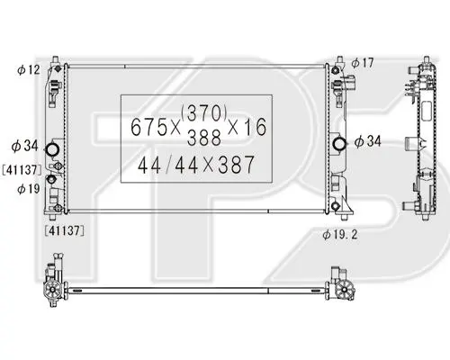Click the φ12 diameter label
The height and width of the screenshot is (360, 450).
pyautogui.click(x=29, y=70)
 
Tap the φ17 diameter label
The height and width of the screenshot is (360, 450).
pyautogui.click(x=363, y=63)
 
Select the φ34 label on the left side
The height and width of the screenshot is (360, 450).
pyautogui.click(x=25, y=146)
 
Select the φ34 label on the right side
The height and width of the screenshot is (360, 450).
pyautogui.click(x=367, y=141)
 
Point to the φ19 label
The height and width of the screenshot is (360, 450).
pyautogui.click(x=29, y=189)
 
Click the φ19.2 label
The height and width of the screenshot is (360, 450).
pyautogui.click(x=340, y=234)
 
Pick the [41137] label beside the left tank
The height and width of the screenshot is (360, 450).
pyautogui.click(x=22, y=170)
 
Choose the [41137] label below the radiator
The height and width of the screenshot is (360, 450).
pyautogui.click(x=64, y=230)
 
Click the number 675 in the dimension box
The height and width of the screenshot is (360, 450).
pyautogui.click(x=148, y=127)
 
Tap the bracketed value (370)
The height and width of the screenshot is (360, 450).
pyautogui.click(x=203, y=112)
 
